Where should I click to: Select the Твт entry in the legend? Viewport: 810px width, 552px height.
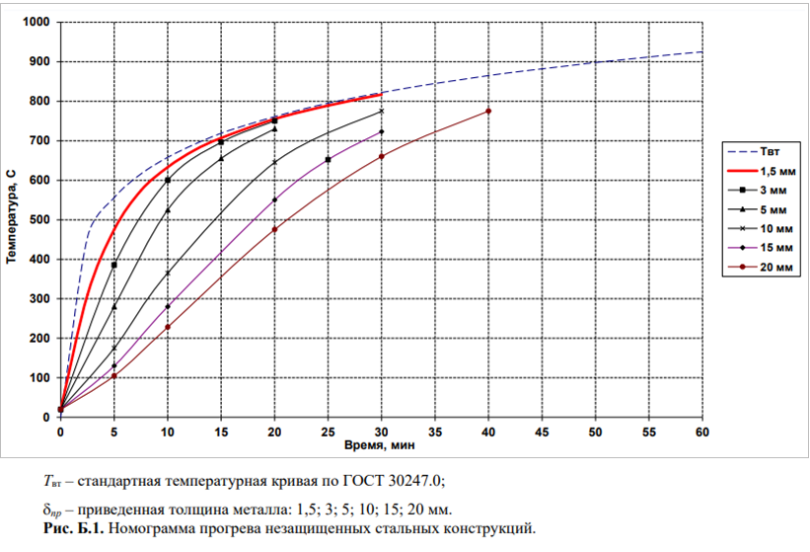754,151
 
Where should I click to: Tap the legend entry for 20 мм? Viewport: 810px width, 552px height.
760,268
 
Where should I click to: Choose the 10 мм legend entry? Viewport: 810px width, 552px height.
760,228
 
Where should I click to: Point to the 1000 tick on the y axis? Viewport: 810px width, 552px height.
37,23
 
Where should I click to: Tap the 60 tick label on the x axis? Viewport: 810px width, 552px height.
702,433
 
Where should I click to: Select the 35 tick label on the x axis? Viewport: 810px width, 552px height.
435,433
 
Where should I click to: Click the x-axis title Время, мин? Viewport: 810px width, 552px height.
380,445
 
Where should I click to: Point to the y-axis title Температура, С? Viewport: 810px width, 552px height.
12,217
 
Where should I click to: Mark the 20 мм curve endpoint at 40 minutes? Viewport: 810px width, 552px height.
488,112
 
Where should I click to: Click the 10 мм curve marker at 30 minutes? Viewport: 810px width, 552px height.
381,112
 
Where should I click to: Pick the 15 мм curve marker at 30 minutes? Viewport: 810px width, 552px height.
381,131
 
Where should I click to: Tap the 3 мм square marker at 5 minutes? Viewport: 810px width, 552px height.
114,266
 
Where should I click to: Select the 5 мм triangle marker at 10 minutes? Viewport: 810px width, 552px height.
168,210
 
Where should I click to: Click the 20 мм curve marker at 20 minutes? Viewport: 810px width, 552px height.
274,229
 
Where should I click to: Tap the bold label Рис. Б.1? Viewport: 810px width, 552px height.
74,528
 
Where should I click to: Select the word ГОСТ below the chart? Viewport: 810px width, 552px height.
364,481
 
